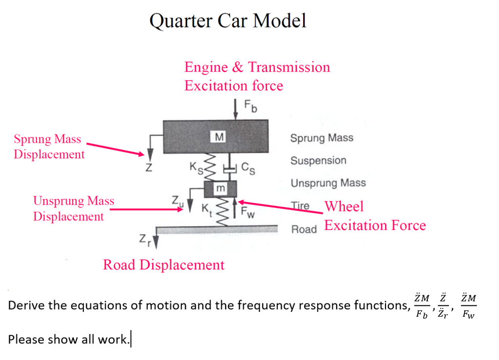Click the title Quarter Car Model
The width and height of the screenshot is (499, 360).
click(228, 21)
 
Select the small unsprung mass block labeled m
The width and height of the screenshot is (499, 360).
click(220, 188)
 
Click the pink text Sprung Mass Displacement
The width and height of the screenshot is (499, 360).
click(49, 147)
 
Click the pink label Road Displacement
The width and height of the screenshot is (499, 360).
click(164, 265)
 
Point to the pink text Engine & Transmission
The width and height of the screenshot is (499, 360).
click(257, 67)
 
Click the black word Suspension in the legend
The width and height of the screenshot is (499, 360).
click(318, 161)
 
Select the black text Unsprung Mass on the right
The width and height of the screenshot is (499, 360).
click(328, 183)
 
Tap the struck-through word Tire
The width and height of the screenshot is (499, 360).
click(300, 206)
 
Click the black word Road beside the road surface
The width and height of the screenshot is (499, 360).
click(304, 228)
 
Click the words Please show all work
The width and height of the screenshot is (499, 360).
click(68, 339)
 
